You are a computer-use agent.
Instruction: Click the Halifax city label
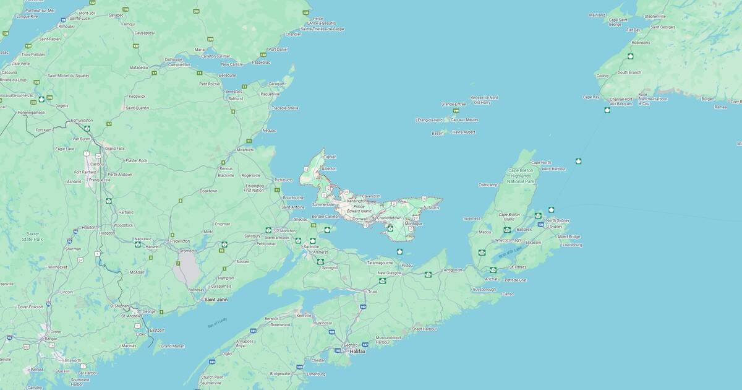[357, 351]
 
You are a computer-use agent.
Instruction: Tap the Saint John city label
[216, 300]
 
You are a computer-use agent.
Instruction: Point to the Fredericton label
[179, 241]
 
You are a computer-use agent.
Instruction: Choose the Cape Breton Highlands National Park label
[521, 176]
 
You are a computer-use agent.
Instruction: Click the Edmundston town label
[82, 120]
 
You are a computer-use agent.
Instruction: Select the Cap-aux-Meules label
[464, 119]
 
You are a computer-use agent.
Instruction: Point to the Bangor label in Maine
[51, 339]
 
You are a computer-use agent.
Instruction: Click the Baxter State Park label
[32, 236]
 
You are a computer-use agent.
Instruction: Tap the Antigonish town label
[453, 270]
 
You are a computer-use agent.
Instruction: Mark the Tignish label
[330, 157]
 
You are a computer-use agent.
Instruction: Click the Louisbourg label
[572, 245]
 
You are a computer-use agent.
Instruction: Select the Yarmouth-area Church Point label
[211, 377]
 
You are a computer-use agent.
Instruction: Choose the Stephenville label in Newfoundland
[655, 16]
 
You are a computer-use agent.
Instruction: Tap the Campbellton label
[179, 64]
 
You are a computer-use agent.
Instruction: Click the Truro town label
[372, 292]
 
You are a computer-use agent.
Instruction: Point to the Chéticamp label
[488, 184]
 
